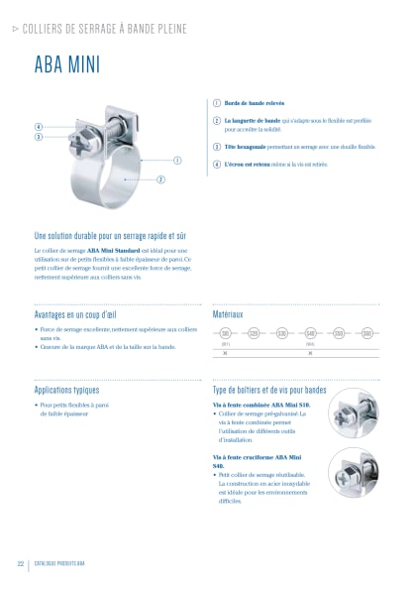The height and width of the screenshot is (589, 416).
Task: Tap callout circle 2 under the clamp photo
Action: (x=160, y=179)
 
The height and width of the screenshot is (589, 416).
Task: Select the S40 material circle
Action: (x=310, y=333)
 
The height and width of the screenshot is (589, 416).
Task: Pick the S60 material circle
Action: (x=366, y=333)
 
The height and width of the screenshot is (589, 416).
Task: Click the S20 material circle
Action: (x=254, y=333)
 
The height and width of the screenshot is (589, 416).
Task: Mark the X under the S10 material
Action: (x=226, y=353)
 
